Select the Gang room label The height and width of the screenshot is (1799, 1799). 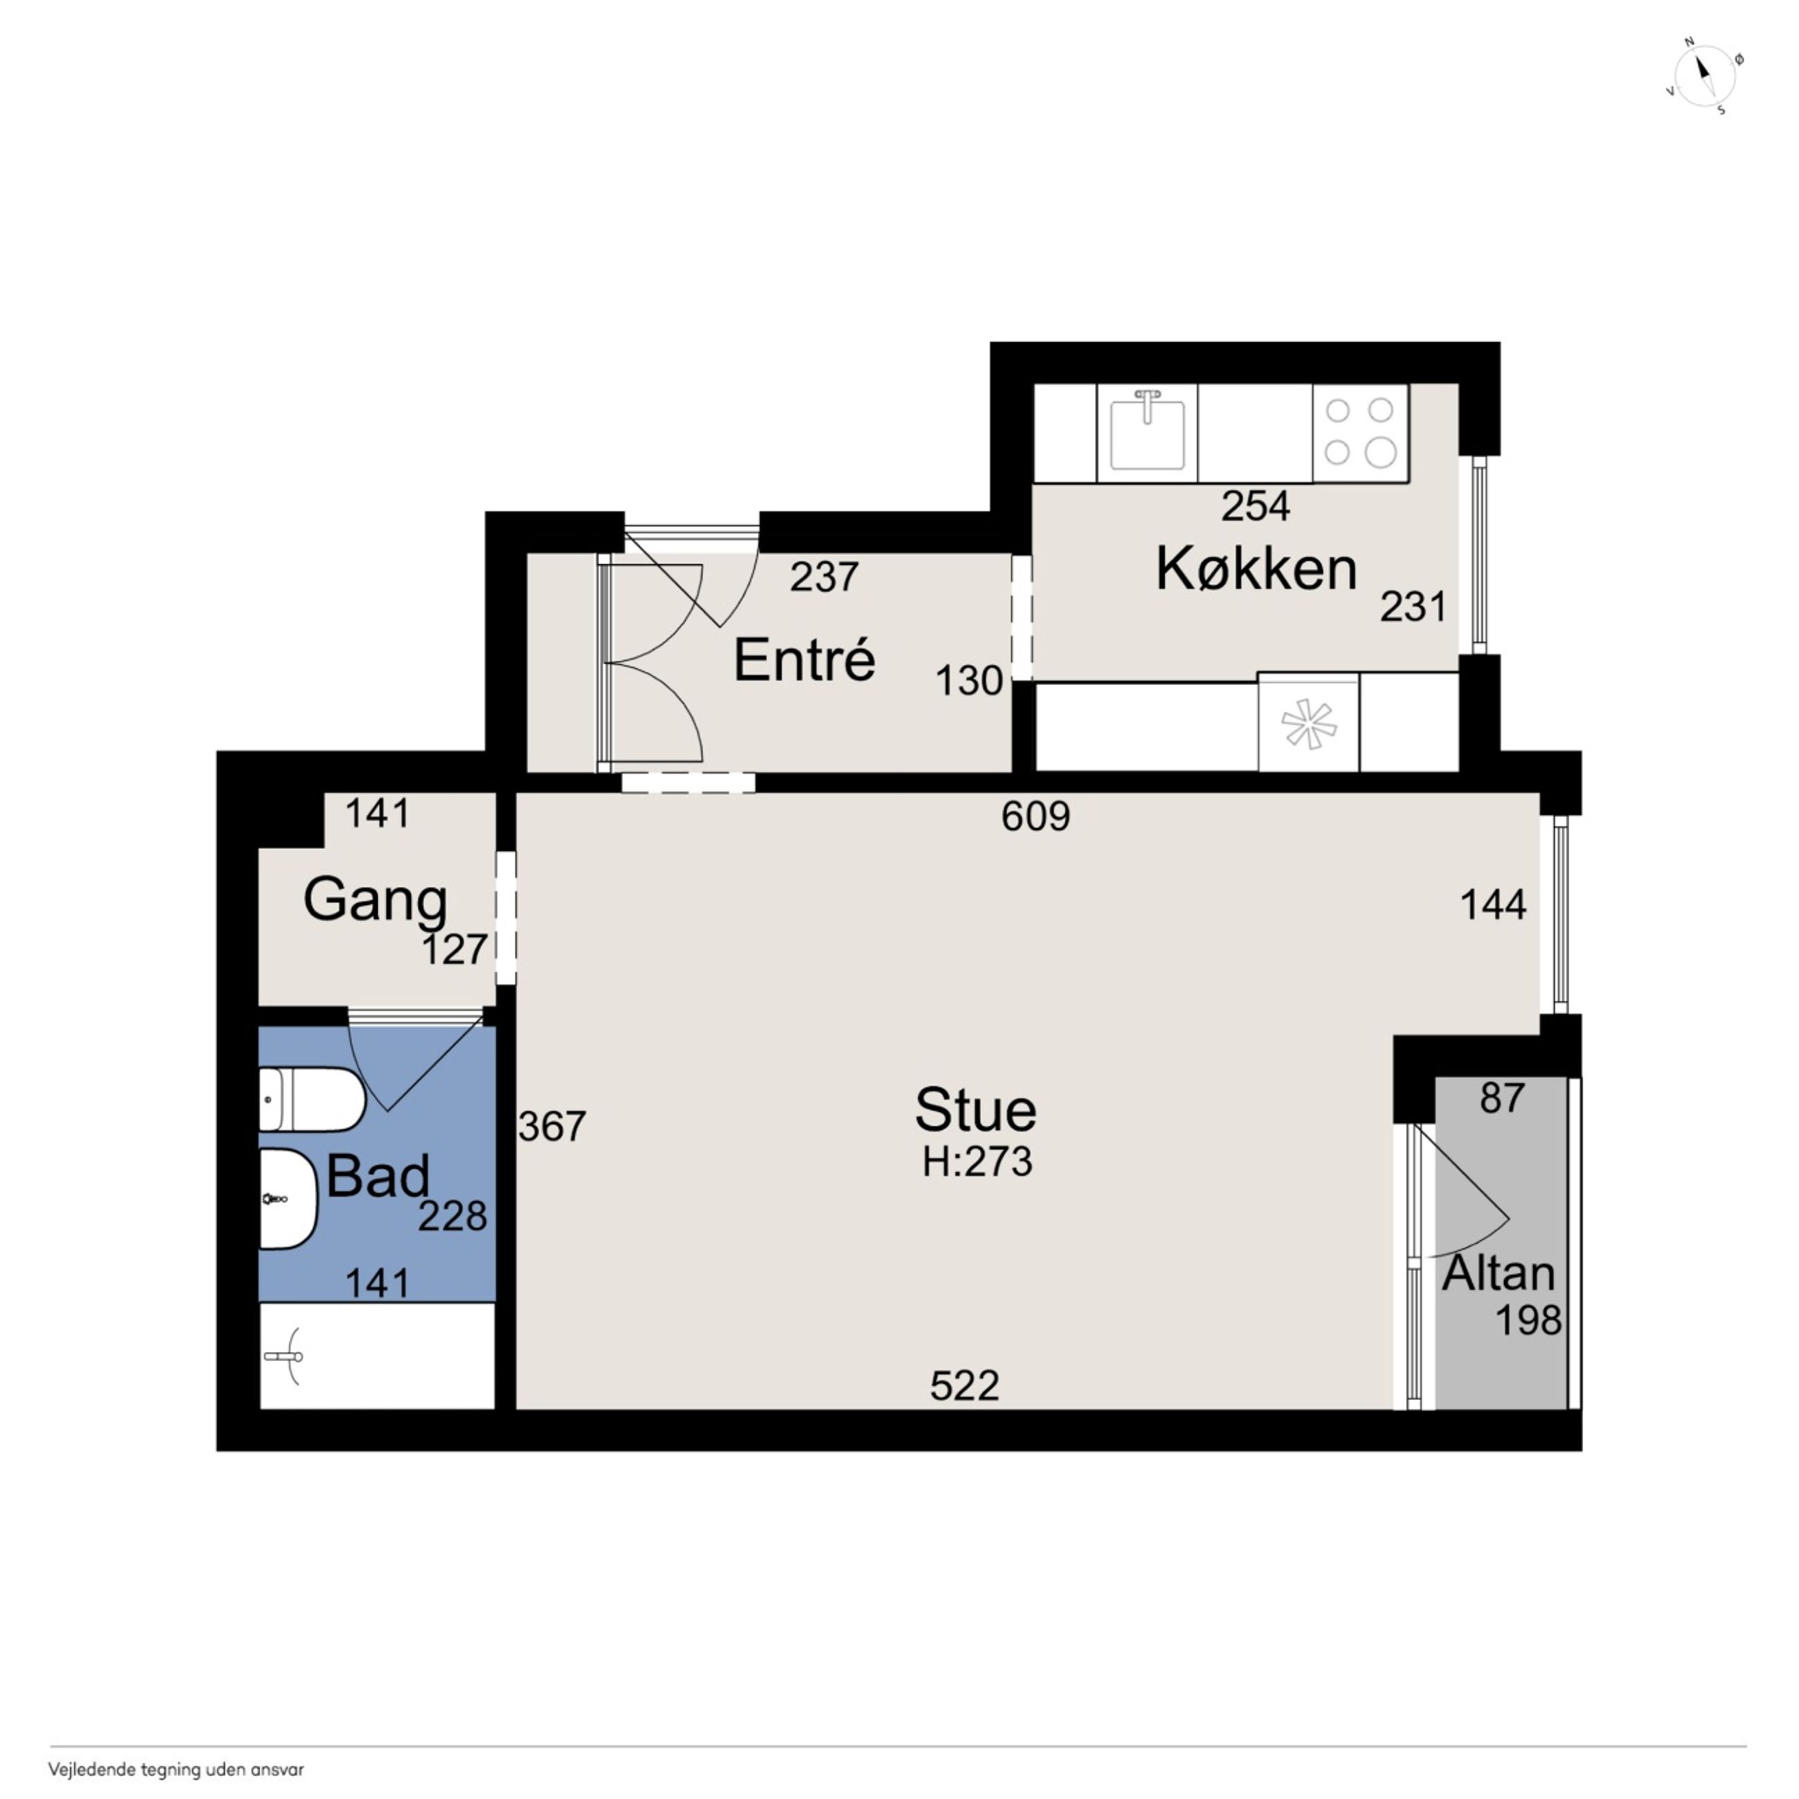(375, 902)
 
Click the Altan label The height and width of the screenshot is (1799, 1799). (1498, 1273)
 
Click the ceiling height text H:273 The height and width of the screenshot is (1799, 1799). (978, 1162)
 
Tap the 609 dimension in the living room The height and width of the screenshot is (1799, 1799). (1035, 816)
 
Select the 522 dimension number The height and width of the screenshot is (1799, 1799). (965, 1385)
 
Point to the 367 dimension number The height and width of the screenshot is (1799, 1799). (552, 1126)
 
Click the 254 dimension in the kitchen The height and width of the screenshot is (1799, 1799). (1256, 506)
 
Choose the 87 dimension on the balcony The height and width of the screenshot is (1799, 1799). (1502, 1099)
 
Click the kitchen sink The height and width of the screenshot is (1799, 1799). (1147, 434)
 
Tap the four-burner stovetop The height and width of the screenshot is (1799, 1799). (1360, 433)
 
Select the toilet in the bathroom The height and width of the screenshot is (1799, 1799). (311, 1099)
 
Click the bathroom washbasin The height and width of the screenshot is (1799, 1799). (288, 1198)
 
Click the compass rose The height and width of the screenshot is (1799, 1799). (1705, 75)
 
